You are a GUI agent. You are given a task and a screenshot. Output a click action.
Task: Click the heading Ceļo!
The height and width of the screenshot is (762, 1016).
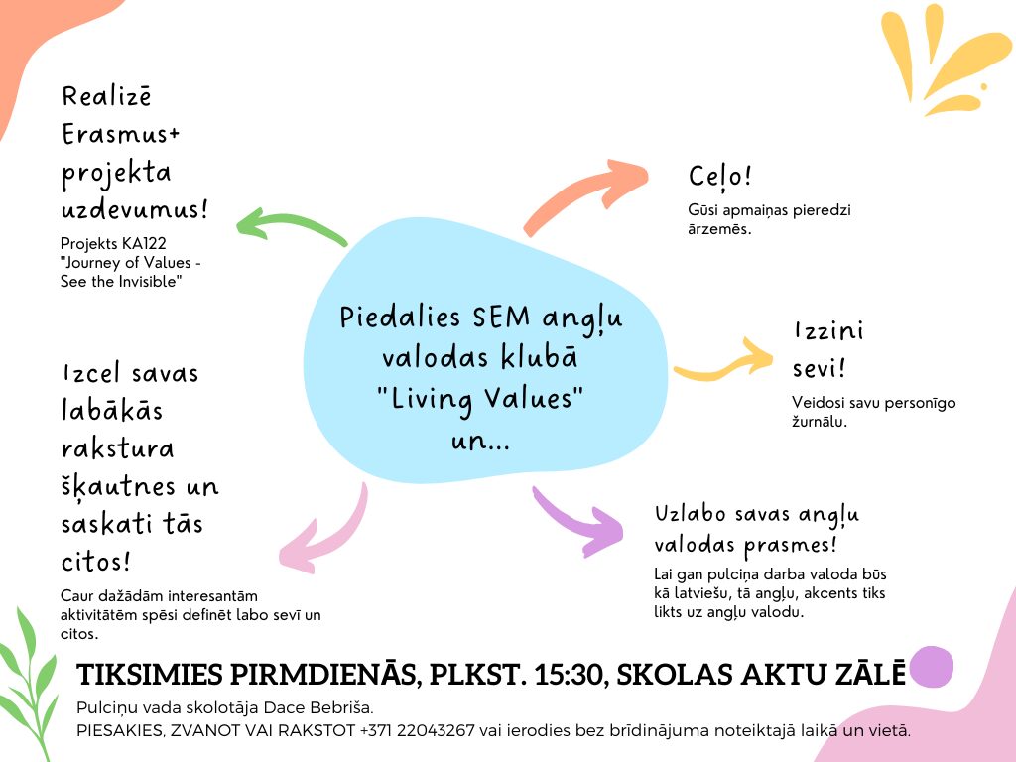coord(720,177)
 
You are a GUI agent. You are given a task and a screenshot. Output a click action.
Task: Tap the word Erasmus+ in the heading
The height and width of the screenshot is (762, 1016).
coord(120,135)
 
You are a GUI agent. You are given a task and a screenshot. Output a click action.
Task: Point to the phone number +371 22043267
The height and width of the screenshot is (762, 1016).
coord(418,731)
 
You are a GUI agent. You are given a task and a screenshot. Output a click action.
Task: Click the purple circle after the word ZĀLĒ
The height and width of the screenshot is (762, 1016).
coord(931,667)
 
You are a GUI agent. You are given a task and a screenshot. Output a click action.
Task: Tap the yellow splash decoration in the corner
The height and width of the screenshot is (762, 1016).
coord(946,59)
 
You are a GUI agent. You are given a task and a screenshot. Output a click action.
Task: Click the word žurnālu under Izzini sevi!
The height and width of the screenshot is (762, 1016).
coord(819,422)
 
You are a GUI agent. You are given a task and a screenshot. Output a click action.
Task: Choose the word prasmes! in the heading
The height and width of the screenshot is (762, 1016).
coord(790,546)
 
